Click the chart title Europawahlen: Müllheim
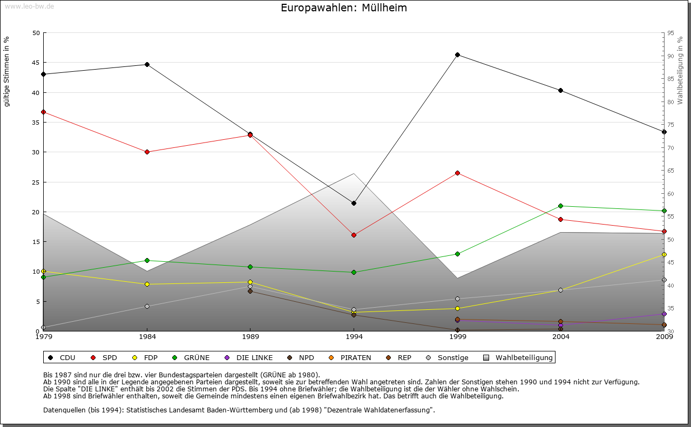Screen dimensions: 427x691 point(344,8)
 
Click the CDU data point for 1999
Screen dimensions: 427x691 point(457,55)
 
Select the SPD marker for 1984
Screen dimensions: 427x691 point(147,152)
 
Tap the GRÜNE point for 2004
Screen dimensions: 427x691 point(561,206)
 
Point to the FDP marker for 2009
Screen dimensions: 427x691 point(664,254)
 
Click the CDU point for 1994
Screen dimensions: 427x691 point(354,203)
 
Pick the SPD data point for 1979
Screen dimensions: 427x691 point(43,112)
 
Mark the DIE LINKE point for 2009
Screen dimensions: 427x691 point(664,314)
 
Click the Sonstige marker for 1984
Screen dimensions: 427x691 point(147,306)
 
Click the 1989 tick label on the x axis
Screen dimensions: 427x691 point(250,337)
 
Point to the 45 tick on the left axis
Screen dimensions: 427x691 point(36,63)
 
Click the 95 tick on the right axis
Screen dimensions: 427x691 point(670,33)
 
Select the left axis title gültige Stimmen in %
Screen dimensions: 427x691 point(7,71)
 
